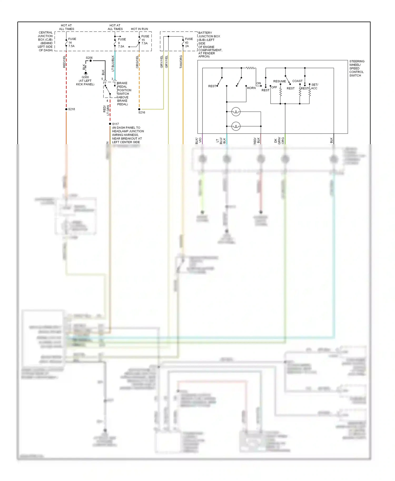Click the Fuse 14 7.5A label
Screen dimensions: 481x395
[72, 42]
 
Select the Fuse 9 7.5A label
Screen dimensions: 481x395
[121, 43]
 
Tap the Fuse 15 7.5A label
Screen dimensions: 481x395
[145, 40]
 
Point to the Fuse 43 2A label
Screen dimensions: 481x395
[189, 42]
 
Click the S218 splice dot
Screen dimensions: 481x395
[66, 109]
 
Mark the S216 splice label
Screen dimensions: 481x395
[142, 112]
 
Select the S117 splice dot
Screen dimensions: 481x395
[110, 124]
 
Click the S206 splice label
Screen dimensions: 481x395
[89, 58]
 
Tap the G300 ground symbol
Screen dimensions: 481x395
[86, 73]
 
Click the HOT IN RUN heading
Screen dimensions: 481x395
[139, 29]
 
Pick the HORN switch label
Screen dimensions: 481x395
[251, 88]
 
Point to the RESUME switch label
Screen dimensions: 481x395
[279, 81]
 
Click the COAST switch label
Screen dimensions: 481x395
[297, 81]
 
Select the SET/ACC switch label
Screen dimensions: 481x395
[315, 86]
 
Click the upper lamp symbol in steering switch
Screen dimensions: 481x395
[236, 112]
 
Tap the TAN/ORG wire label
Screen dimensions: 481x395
[181, 62]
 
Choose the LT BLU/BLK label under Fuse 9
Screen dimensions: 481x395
[113, 63]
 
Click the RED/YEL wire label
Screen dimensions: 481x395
[64, 62]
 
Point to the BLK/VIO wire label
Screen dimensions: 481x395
[198, 141]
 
